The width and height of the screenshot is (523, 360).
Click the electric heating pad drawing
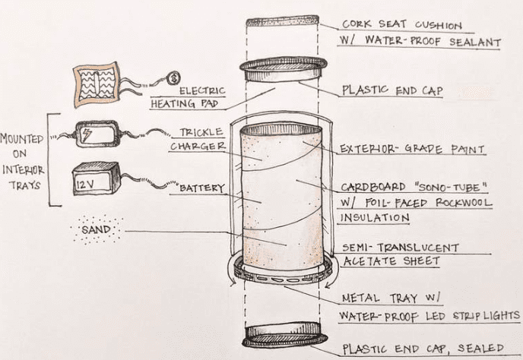pyautogui.click(x=97, y=82)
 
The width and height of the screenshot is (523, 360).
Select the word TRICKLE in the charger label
pyautogui.click(x=203, y=132)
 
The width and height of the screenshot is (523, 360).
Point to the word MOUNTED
pyautogui.click(x=22, y=139)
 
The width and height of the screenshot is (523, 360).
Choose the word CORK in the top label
pyautogui.click(x=358, y=24)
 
